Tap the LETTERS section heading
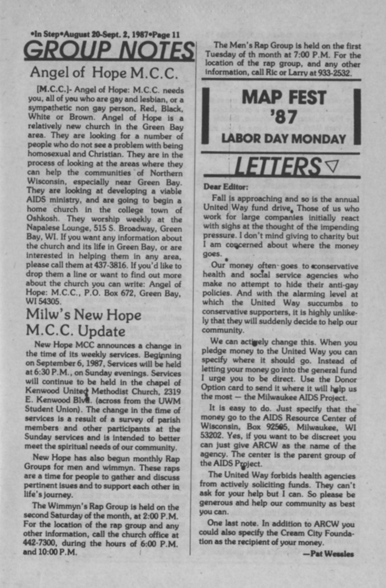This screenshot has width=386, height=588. tap(278, 166)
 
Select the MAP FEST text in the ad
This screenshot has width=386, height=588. tap(284, 98)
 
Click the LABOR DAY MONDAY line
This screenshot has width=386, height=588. tap(284, 139)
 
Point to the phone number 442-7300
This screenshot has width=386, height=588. tap(37, 543)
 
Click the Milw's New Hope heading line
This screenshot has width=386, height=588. tap(84, 314)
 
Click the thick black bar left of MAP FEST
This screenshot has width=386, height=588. tap(206, 116)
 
